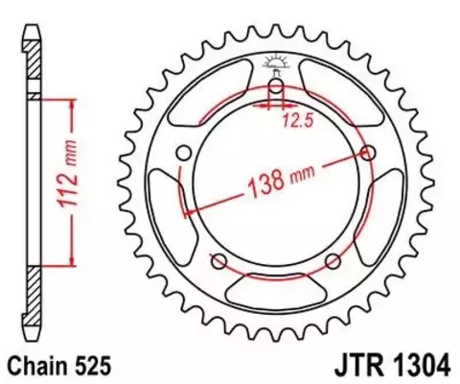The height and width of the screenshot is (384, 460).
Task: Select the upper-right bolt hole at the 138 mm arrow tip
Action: click(x=368, y=152)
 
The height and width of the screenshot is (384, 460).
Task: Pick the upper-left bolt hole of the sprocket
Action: click(x=183, y=152)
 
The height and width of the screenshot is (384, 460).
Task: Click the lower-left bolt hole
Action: click(x=218, y=261)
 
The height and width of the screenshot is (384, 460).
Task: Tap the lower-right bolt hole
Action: click(x=333, y=261)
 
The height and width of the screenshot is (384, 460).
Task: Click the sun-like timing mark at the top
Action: click(x=276, y=66)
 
